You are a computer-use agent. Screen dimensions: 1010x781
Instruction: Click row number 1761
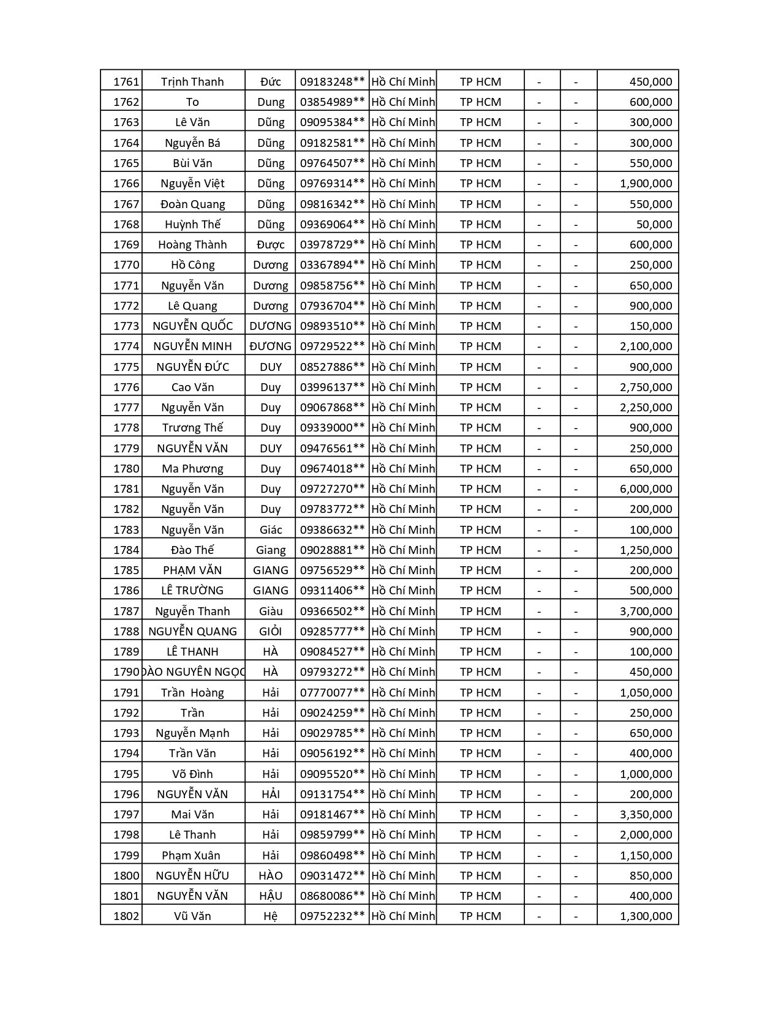coord(126,81)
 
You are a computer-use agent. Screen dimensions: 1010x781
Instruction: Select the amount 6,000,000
coord(646,488)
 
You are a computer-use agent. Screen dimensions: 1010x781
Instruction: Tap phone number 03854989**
coord(332,102)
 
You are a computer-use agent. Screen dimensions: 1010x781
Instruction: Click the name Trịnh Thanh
coord(192,81)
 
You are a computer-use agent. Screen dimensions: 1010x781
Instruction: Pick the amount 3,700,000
coord(646,611)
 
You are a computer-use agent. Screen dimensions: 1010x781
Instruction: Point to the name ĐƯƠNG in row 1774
coord(270,346)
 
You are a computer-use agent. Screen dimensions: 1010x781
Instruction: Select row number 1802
coord(126,916)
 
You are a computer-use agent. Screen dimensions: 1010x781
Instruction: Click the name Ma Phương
coord(192,468)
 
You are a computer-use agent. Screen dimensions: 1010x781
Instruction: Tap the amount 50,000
coord(654,224)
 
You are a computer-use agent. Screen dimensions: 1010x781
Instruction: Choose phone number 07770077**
coord(332,692)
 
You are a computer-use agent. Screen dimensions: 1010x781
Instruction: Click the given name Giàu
coord(270,611)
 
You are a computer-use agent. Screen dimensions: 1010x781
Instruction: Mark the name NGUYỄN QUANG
coord(192,631)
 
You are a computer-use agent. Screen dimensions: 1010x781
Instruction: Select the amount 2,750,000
coord(646,387)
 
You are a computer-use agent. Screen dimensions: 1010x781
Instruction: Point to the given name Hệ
coord(270,916)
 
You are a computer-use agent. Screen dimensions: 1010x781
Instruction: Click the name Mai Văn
coord(192,814)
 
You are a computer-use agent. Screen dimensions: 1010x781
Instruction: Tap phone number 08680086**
coord(332,896)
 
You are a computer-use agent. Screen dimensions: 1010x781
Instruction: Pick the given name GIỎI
coord(270,631)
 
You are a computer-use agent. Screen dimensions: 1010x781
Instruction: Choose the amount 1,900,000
coord(646,183)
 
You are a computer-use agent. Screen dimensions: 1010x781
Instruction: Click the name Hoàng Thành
coord(192,244)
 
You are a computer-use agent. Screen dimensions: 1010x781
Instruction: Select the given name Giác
coord(270,529)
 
